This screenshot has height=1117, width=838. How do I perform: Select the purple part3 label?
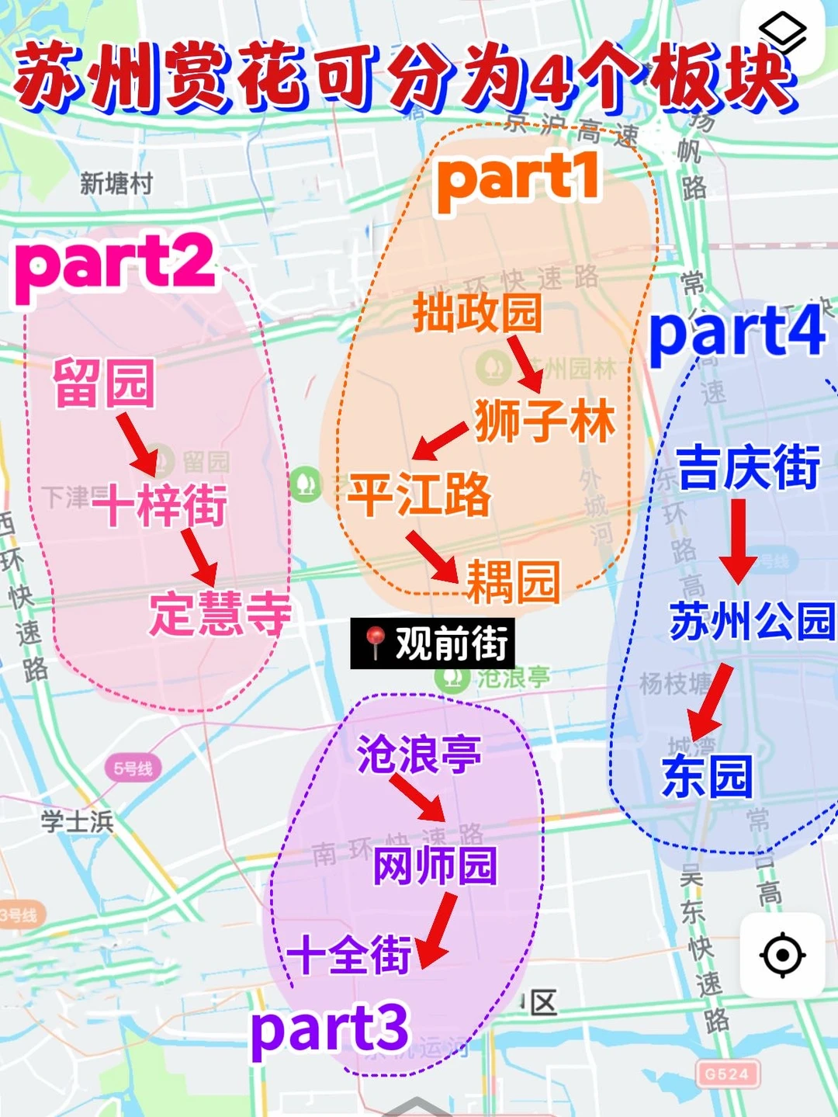pos(329,1029)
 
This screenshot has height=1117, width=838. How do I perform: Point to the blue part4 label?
pos(737,331)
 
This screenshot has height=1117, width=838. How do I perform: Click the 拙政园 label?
pos(476,313)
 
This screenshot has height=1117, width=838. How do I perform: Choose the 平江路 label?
pos(419,494)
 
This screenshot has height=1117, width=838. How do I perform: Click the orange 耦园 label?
pos(512,581)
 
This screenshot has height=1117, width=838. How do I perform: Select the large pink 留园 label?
pos(104,383)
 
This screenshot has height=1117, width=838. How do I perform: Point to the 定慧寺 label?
pos(220,613)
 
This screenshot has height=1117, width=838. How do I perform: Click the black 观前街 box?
pos(432,643)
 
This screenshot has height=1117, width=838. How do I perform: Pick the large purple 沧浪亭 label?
pos(419,754)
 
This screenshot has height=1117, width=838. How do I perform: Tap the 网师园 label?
pos(435,866)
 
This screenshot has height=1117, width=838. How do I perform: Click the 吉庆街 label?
pos(748,468)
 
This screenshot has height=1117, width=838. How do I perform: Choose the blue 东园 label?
pos(707,776)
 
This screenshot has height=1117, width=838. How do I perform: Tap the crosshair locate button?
pos(782,955)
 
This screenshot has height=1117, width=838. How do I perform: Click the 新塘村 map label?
pos(116,184)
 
